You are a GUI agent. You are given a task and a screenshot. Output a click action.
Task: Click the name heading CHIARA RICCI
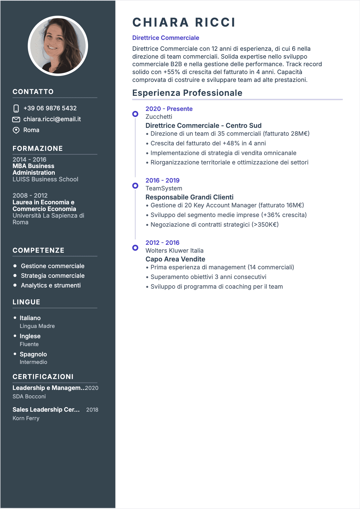[184, 23]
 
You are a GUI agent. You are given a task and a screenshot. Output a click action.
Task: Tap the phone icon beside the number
[16, 109]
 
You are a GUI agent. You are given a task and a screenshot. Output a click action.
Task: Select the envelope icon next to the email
[16, 119]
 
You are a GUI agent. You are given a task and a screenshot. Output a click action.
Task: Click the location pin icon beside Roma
[16, 130]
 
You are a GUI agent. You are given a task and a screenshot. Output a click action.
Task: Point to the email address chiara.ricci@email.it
[52, 119]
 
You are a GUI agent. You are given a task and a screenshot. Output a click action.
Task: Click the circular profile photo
[58, 46]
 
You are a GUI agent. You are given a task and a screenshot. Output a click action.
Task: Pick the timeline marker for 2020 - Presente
[135, 114]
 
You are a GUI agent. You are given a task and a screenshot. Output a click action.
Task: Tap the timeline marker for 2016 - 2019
[135, 186]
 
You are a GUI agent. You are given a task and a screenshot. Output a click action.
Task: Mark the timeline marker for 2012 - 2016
[135, 248]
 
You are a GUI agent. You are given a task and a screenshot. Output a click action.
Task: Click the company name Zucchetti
[159, 117]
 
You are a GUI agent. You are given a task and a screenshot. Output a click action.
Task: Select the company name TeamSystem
[164, 188]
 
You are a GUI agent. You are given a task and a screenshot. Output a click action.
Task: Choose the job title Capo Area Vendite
[175, 259]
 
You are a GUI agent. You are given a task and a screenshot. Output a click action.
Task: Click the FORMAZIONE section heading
[38, 148]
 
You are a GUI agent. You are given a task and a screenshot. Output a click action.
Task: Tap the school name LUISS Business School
[45, 179]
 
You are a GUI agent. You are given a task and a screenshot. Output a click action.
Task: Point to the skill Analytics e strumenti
[51, 285]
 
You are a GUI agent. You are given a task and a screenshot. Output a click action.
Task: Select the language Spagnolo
[33, 354]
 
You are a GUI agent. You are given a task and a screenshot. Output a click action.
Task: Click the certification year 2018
[92, 410]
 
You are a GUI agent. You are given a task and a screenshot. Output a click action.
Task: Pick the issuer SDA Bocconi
[29, 396]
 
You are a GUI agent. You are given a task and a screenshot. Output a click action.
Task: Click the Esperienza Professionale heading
[187, 93]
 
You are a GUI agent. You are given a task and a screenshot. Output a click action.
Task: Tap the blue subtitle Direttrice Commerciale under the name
[165, 38]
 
